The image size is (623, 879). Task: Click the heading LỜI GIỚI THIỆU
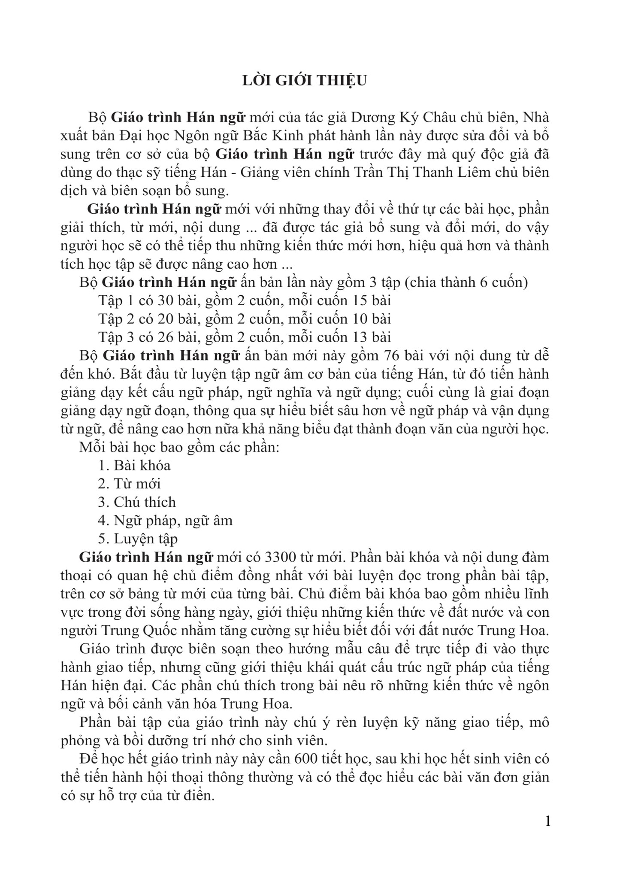pyautogui.click(x=304, y=81)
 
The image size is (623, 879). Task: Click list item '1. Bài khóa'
pyautogui.click(x=134, y=465)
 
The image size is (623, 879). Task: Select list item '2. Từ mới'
pyautogui.click(x=129, y=484)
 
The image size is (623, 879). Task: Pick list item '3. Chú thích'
pyautogui.click(x=137, y=502)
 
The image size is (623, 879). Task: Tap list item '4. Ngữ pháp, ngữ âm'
pyautogui.click(x=165, y=521)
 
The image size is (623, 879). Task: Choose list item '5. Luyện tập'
pyautogui.click(x=138, y=539)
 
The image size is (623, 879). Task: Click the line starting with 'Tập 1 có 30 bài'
pyautogui.click(x=245, y=300)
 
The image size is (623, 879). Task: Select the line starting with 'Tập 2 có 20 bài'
pyautogui.click(x=245, y=319)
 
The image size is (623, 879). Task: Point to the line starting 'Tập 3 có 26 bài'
pyautogui.click(x=245, y=337)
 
